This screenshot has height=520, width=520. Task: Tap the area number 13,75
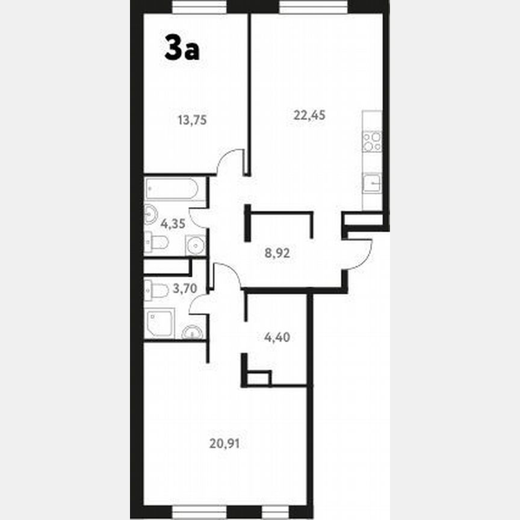[192, 120]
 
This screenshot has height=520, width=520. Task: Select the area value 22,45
[309, 116]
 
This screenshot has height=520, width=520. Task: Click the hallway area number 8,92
[277, 253]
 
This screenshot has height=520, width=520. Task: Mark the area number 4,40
[277, 337]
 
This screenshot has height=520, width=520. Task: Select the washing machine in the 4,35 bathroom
[195, 244]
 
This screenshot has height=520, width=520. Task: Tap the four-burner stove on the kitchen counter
[372, 142]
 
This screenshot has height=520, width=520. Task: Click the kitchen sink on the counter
[372, 182]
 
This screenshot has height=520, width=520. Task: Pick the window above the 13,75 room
[199, 7]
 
